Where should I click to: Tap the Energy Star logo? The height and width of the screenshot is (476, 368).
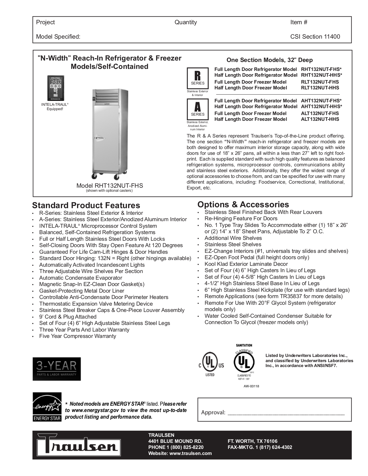click(x=47, y=407)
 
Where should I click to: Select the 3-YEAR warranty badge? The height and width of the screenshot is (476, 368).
click(x=57, y=369)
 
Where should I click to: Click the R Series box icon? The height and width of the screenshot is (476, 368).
click(x=197, y=78)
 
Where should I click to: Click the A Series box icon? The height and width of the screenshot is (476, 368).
click(x=197, y=109)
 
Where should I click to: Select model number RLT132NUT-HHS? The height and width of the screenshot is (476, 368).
click(x=320, y=88)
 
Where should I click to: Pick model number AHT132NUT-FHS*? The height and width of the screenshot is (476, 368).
click(x=321, y=101)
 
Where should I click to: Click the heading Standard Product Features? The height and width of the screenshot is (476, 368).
click(x=86, y=205)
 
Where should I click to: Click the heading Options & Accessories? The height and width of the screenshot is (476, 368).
click(x=243, y=204)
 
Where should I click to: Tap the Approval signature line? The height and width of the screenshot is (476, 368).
click(x=286, y=413)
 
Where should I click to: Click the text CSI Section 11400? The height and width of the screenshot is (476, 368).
click(x=315, y=37)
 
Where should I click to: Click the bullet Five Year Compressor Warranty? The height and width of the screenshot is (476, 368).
click(x=78, y=336)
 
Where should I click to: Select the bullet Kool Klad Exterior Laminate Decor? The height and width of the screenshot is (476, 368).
click(x=246, y=264)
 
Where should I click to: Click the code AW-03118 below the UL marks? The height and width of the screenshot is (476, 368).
click(x=251, y=386)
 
